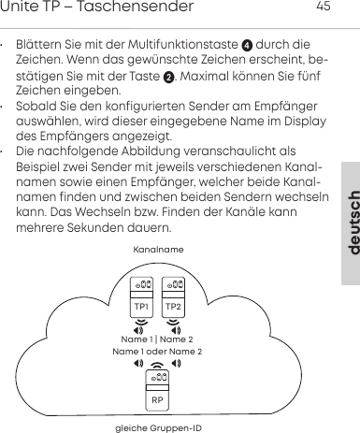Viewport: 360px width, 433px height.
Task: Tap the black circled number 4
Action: pyautogui.click(x=247, y=44)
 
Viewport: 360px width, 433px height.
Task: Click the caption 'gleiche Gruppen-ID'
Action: pyautogui.click(x=157, y=427)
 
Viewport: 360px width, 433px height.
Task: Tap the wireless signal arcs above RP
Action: pyautogui.click(x=157, y=364)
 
